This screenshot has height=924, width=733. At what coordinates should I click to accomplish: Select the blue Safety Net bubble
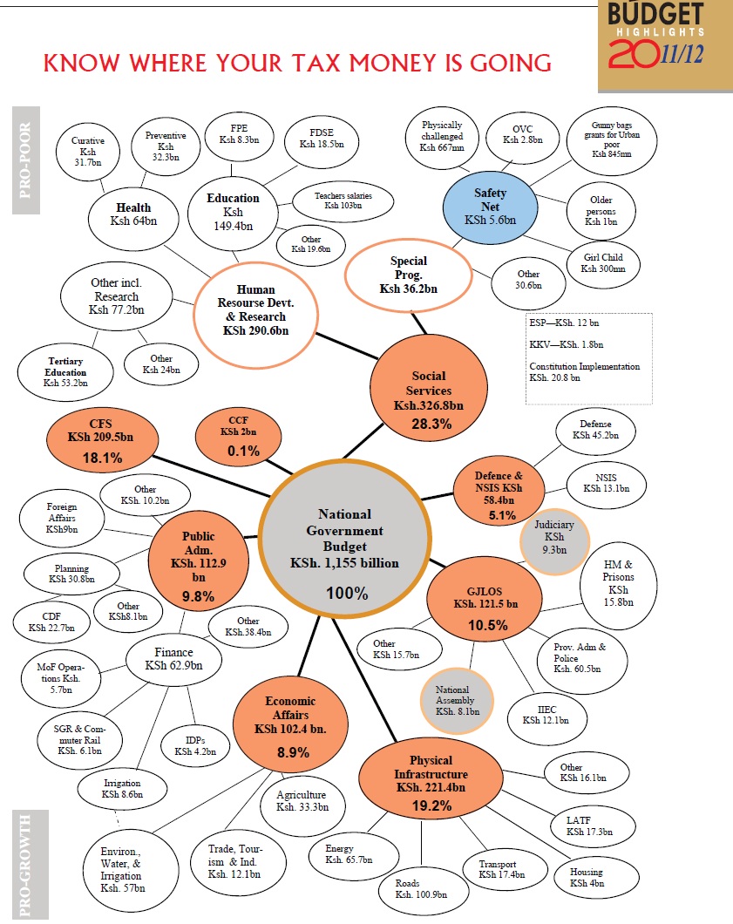pos(490,205)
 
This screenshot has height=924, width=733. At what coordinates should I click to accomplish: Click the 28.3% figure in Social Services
pos(428,423)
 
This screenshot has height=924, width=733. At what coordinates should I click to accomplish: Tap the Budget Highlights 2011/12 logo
pos(664,45)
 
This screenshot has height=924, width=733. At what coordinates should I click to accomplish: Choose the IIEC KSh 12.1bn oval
pos(546,714)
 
